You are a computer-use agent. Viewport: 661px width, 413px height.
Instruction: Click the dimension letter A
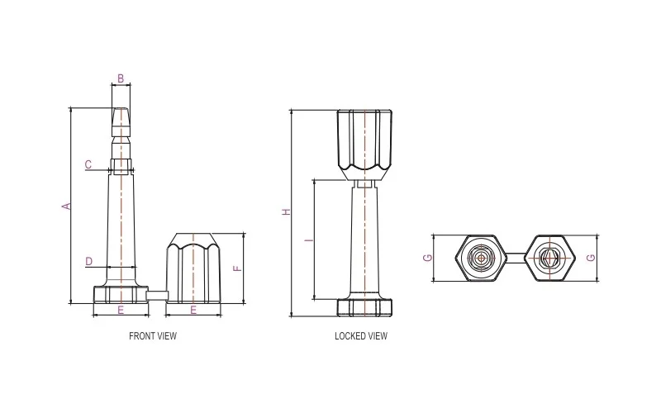[67, 206]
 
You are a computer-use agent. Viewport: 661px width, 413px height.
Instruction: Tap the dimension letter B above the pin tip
[121, 79]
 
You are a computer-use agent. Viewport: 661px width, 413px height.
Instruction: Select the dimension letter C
[88, 164]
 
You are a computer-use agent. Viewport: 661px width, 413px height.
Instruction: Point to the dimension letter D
[88, 262]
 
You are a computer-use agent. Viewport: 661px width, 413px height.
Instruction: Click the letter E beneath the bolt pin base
[121, 310]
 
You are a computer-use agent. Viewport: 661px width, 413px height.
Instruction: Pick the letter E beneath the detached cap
[194, 310]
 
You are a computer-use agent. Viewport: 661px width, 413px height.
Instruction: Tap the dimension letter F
[236, 268]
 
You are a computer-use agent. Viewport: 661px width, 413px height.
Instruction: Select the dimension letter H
[286, 212]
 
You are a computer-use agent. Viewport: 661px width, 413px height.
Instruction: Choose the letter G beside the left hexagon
[427, 258]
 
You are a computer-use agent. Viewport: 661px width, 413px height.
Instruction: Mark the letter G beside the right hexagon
[589, 258]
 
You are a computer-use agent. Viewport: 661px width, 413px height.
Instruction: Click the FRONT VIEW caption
[153, 336]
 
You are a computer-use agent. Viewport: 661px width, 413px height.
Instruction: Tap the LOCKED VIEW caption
[361, 336]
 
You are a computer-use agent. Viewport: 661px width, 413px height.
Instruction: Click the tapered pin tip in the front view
[121, 124]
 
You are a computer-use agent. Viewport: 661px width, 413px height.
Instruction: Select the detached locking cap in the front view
[194, 268]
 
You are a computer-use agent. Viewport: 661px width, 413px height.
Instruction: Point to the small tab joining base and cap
[157, 293]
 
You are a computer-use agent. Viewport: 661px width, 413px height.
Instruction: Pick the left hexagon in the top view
[480, 258]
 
